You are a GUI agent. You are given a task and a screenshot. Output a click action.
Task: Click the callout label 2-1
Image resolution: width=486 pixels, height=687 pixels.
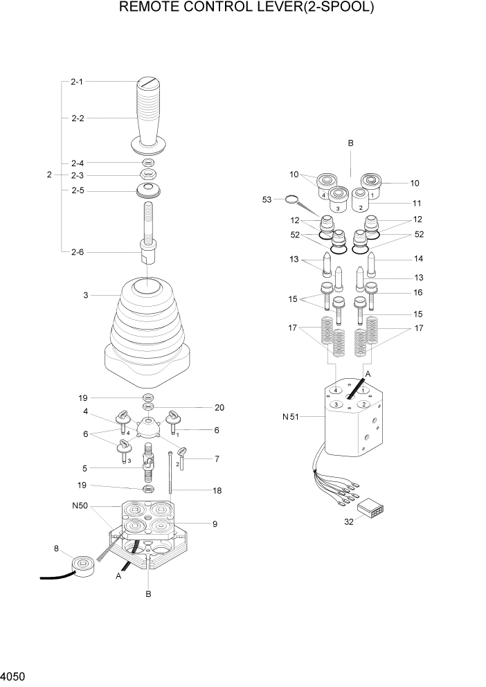[x=77, y=82]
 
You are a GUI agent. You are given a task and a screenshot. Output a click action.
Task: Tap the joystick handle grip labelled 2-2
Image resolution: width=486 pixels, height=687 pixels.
[x=150, y=118]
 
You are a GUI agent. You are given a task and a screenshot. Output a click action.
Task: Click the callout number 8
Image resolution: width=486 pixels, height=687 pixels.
[x=56, y=549]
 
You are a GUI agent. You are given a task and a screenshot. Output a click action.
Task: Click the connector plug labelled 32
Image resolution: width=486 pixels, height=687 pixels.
[x=370, y=510]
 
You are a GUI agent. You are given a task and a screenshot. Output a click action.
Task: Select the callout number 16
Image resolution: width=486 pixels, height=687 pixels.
[x=417, y=293]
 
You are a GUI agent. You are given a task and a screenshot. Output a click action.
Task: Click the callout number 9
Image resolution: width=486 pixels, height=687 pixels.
[x=215, y=524]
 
